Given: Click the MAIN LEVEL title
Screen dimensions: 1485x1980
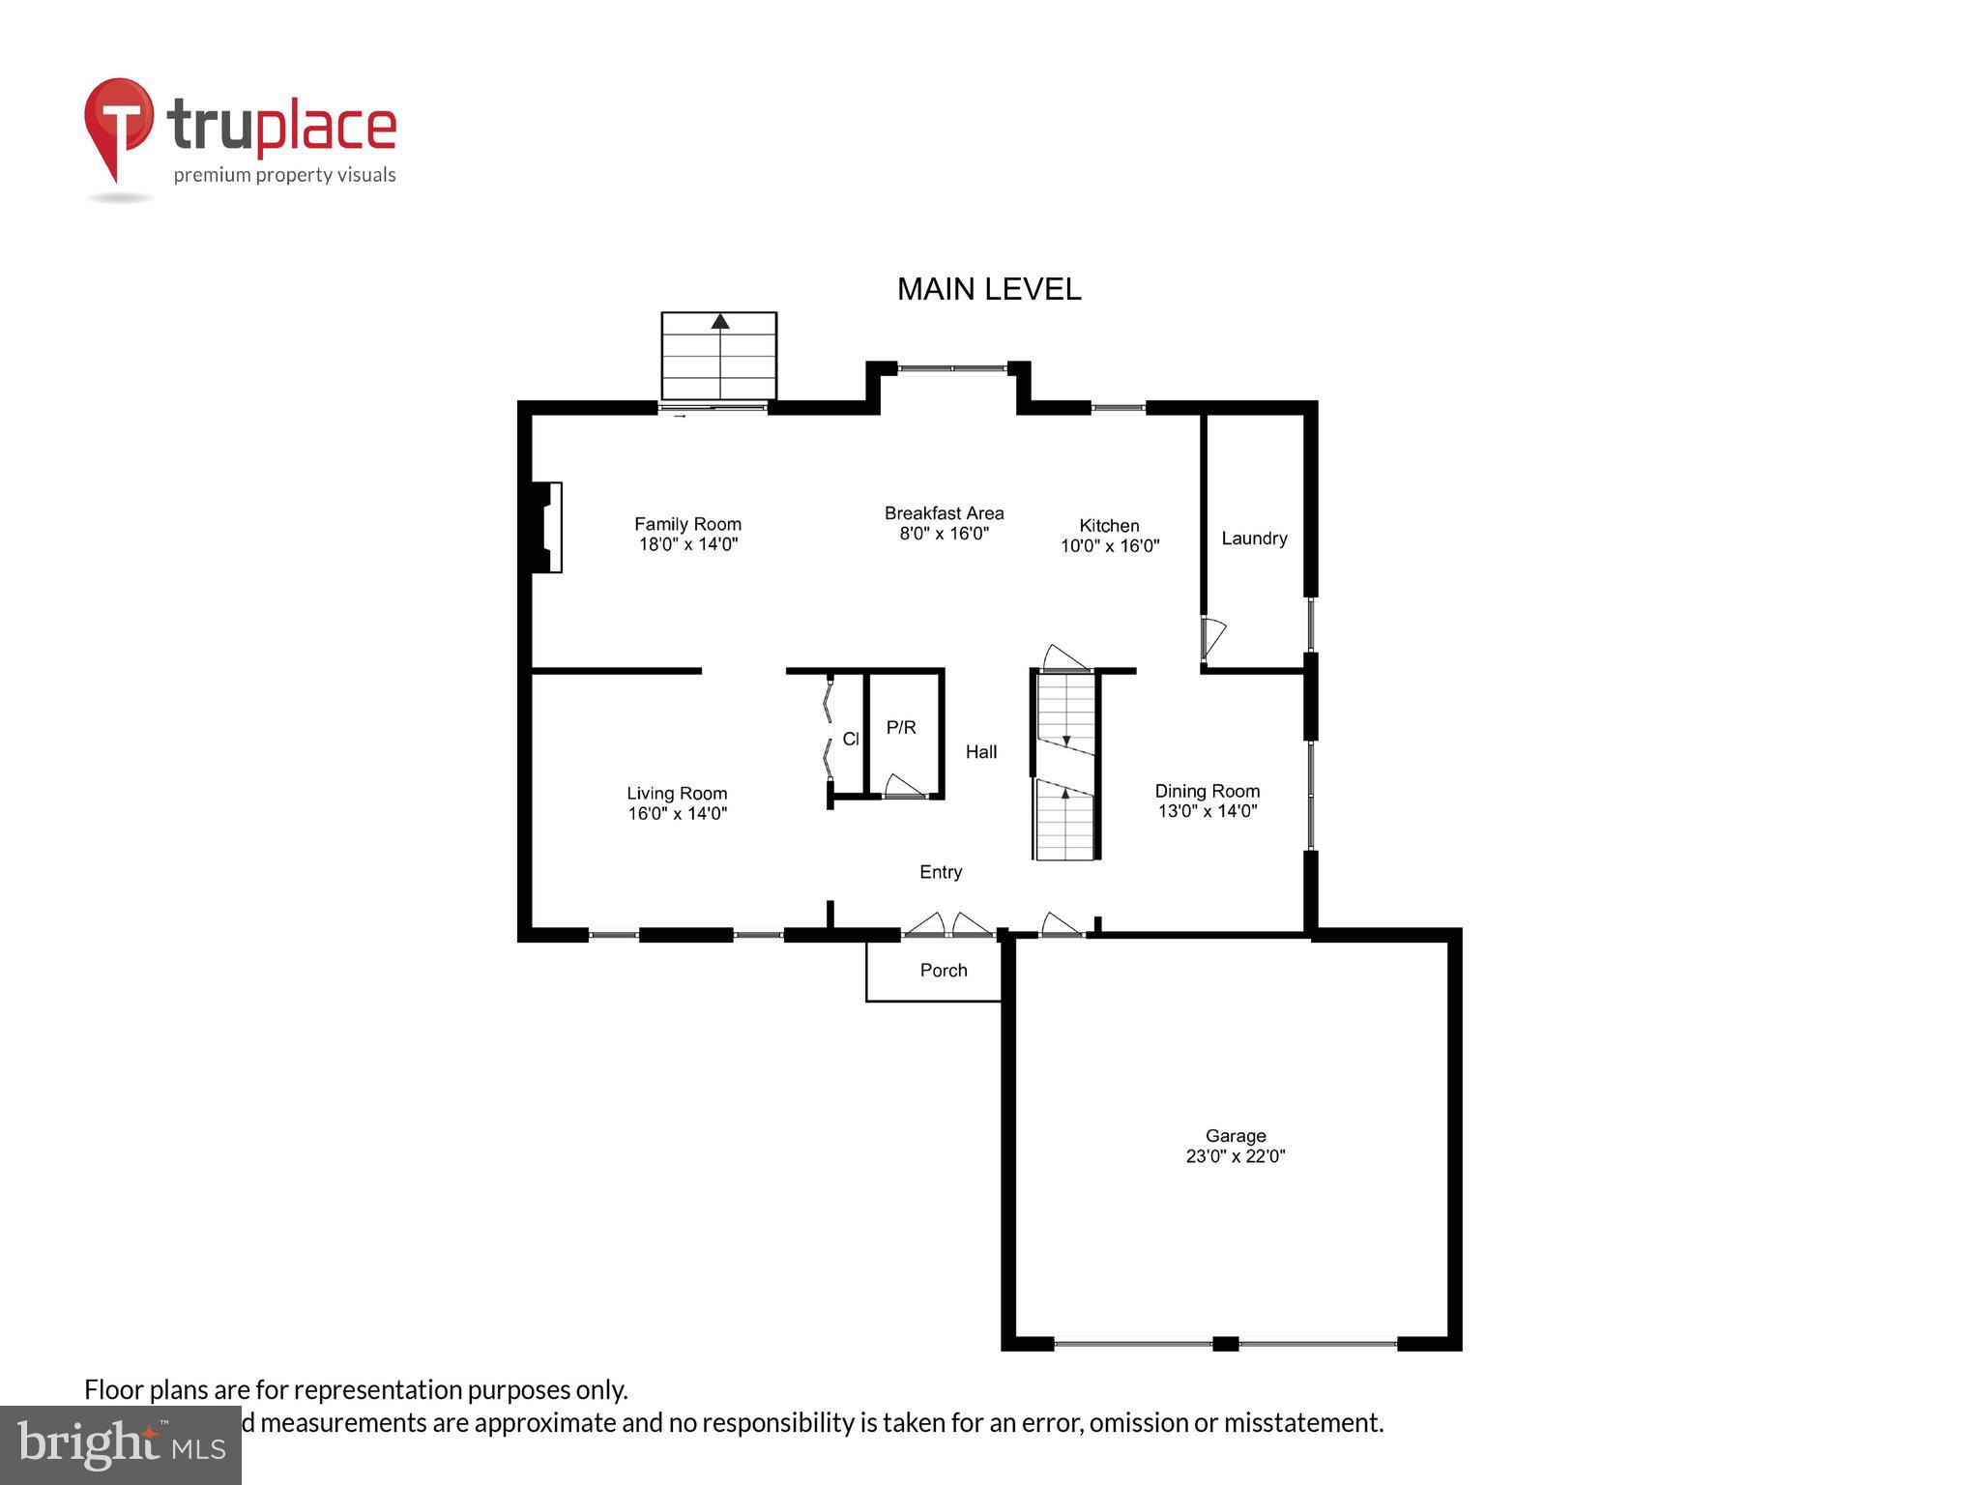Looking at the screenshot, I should (x=988, y=289).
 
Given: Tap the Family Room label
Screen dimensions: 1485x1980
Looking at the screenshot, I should (x=687, y=524).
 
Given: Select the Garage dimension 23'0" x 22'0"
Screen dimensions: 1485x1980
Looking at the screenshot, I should (x=1235, y=1156).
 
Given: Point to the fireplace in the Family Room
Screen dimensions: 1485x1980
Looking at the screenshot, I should (x=548, y=527).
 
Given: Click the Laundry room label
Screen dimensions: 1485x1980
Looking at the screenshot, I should (x=1254, y=539).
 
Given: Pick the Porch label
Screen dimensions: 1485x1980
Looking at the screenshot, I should (x=943, y=971).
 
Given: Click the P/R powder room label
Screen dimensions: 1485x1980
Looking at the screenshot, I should (x=901, y=727).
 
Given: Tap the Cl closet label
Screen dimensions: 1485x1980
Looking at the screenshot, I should (x=850, y=740).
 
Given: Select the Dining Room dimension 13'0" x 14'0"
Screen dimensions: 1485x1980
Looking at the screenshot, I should (x=1207, y=811).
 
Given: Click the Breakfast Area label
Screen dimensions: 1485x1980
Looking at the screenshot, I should (x=944, y=513).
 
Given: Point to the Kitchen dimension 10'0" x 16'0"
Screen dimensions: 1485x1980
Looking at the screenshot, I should (x=1109, y=546).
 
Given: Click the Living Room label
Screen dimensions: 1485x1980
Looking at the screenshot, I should (x=677, y=794).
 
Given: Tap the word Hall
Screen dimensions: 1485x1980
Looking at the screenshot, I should (x=980, y=752).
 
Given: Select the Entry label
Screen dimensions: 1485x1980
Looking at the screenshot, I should (x=940, y=872).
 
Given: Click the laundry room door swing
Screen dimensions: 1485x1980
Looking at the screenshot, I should (x=1213, y=637).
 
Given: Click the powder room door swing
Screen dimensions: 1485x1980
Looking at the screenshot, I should (x=903, y=785).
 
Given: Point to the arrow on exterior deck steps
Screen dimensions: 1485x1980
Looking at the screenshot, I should (x=719, y=322).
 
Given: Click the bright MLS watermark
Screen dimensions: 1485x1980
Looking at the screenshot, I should (x=121, y=1444).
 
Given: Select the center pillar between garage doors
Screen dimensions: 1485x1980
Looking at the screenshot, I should (x=1225, y=1343).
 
